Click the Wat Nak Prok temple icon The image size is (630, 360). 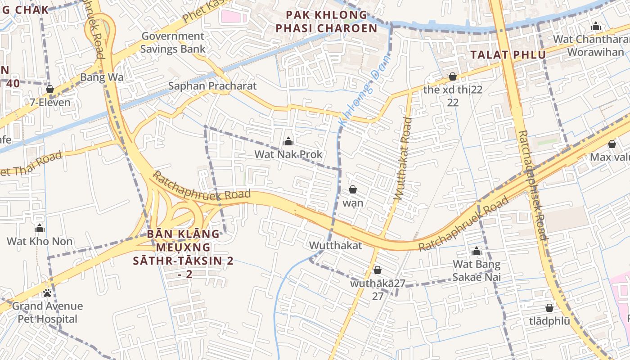288,142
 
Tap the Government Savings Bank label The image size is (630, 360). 173,43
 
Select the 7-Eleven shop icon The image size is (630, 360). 50,89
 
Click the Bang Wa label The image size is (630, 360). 102,77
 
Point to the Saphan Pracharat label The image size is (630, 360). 212,86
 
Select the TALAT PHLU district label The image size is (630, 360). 508,55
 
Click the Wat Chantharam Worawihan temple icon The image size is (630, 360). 596,26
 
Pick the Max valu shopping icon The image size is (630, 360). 612,144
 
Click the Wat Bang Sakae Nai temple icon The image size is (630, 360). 477,251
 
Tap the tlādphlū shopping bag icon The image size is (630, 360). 549,308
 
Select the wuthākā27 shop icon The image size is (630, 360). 378,270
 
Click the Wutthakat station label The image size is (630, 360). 335,246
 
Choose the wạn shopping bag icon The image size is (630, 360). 353,189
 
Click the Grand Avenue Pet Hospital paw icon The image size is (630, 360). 47,293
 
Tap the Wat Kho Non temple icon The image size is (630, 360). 40,228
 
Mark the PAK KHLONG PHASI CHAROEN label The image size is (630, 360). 327,22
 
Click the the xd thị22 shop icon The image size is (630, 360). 453,76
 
